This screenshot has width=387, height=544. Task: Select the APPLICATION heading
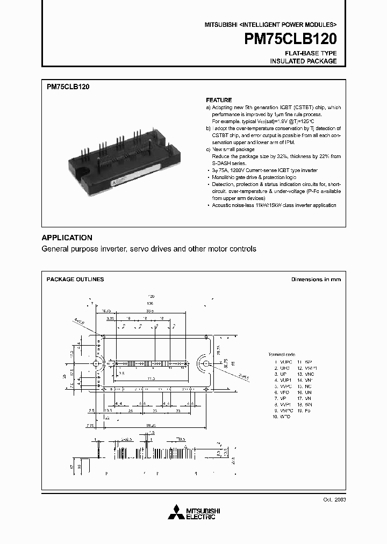click(67, 238)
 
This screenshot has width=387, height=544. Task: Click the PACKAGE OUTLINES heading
click(75, 280)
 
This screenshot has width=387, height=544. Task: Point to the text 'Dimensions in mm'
click(316, 280)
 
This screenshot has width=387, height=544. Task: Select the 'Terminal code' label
click(282, 354)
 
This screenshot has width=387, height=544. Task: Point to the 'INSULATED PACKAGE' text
click(303, 61)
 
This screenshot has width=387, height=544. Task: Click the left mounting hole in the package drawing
click(97, 364)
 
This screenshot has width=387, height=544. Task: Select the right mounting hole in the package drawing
click(204, 364)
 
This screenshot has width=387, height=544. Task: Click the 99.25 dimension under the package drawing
click(150, 425)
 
